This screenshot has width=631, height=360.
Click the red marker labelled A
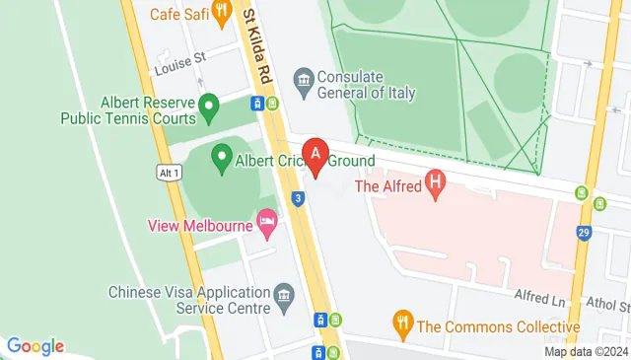[315, 156]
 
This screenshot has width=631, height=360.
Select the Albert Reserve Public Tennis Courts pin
[208, 105]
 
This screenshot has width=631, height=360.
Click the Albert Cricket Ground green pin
[222, 155]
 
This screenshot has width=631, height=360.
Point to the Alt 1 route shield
[169, 172]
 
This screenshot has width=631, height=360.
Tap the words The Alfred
[387, 185]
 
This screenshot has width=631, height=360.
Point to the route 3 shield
[298, 198]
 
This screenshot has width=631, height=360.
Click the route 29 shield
[585, 233]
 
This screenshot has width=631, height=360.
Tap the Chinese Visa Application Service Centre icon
[285, 295]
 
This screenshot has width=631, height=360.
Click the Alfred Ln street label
[537, 297]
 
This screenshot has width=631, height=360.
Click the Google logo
[35, 346]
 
